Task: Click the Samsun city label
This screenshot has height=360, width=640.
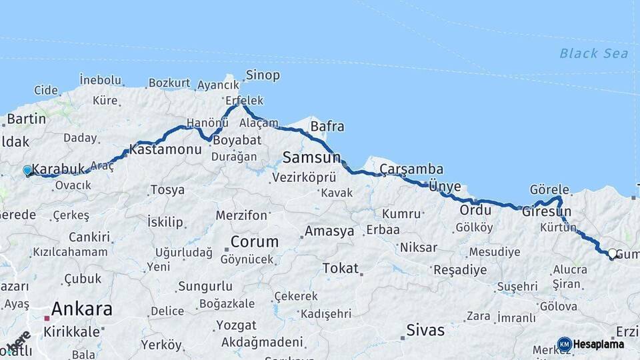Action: (311, 158)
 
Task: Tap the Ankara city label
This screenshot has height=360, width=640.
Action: (81, 309)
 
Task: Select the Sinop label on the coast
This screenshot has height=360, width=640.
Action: (263, 75)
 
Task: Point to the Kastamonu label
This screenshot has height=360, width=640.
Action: (165, 150)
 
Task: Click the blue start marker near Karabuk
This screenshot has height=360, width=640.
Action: (27, 171)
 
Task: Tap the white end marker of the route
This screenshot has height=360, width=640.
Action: (612, 253)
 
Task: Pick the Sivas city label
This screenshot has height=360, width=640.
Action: (425, 329)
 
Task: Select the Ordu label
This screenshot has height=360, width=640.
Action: (475, 210)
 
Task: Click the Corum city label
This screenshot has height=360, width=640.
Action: (254, 241)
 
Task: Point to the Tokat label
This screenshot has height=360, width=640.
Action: (340, 269)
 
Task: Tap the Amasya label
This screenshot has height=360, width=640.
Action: (329, 232)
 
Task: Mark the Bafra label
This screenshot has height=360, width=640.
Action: (327, 126)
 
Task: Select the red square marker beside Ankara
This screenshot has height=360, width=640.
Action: (47, 319)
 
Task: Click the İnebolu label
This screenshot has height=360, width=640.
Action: (100, 80)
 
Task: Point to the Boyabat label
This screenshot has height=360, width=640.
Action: (233, 141)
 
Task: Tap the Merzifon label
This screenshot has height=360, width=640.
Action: (241, 216)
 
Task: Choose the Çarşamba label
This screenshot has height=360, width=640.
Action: (411, 169)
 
